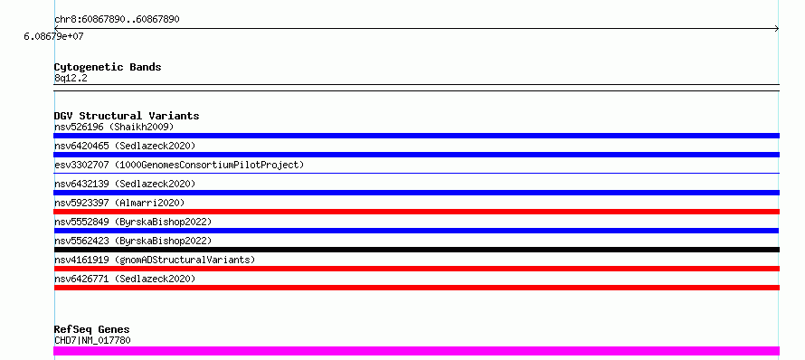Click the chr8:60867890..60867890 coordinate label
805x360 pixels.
[117, 20]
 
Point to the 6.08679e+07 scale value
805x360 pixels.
[53, 37]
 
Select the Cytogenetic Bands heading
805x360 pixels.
[108, 67]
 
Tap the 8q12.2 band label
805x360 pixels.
[71, 78]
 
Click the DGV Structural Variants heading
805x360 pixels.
[127, 116]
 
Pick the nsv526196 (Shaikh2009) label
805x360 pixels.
[114, 127]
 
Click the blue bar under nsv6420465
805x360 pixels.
[416, 155]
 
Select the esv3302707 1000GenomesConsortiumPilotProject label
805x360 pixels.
[179, 165]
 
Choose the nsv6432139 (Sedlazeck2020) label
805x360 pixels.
[125, 184]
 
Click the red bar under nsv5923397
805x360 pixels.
[416, 212]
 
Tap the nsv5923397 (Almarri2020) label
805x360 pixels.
[119, 203]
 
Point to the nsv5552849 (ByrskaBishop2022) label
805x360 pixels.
[133, 222]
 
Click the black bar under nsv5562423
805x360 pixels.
[416, 250]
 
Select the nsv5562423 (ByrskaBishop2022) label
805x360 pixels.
[133, 241]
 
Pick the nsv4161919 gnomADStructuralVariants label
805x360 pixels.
[155, 260]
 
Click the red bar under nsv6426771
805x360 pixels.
[416, 288]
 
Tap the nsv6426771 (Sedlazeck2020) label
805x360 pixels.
[125, 279]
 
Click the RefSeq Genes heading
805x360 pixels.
[92, 329]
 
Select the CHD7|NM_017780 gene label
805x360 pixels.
[92, 340]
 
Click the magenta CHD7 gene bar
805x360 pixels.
[416, 351]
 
